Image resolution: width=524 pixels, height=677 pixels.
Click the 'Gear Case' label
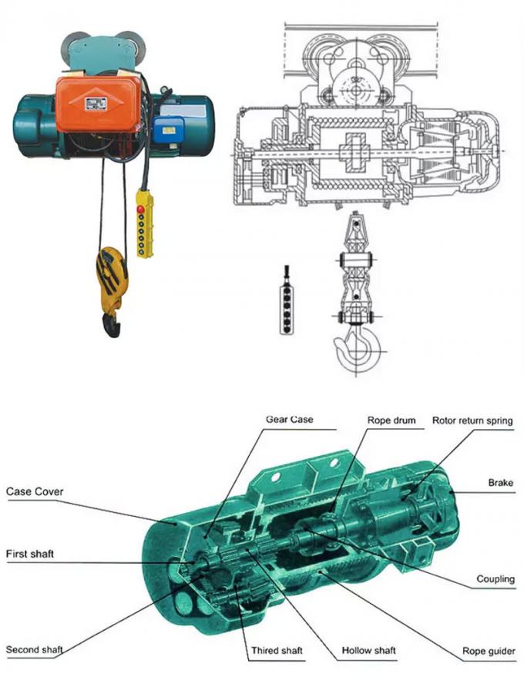tap(290, 420)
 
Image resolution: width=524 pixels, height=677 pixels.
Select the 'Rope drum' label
tap(391, 421)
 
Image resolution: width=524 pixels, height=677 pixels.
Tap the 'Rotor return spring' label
tap(472, 421)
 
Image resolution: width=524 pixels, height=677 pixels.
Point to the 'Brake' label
tap(500, 483)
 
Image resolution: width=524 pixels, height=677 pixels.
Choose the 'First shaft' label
tap(30, 554)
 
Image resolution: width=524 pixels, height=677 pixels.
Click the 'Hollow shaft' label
tap(369, 651)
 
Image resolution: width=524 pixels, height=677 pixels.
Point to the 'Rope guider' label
tap(489, 651)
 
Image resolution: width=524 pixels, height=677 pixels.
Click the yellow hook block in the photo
tap(112, 273)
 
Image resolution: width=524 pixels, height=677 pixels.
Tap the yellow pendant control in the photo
tap(144, 223)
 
